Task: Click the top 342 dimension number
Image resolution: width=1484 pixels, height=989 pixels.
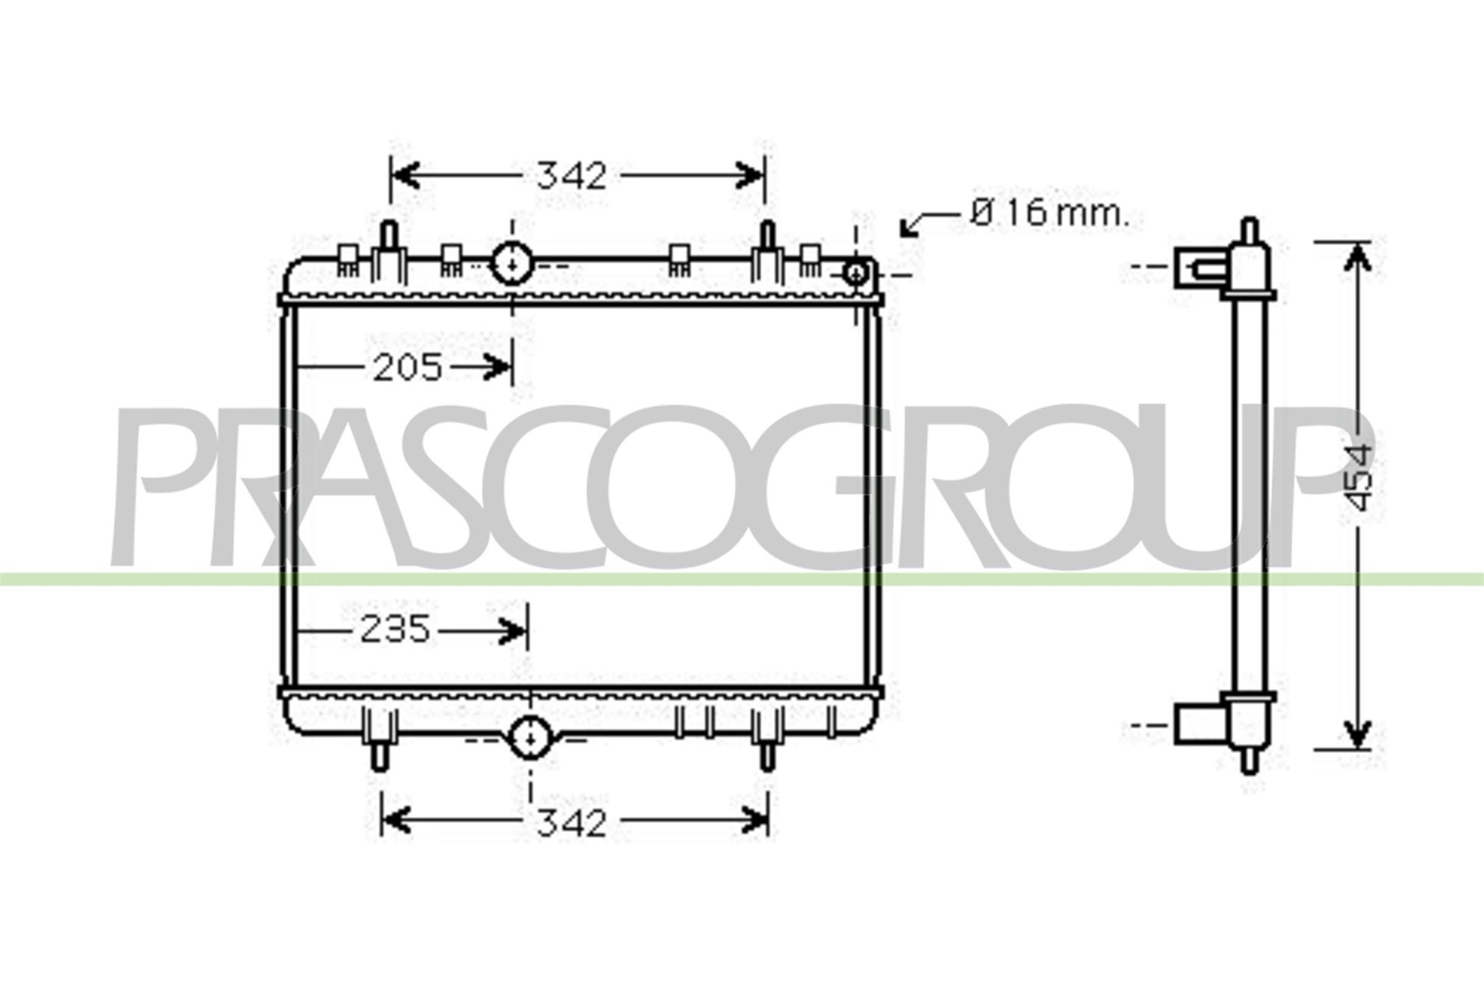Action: [x=571, y=176]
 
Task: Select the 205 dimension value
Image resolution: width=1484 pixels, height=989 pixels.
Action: [x=407, y=368]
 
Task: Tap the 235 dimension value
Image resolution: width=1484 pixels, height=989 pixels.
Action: [x=396, y=629]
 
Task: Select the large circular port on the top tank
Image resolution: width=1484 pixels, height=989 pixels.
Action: [x=512, y=264]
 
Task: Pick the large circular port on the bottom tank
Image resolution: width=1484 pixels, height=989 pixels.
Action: [x=530, y=738]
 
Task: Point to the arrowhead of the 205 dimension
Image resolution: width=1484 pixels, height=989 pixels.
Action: [x=498, y=367]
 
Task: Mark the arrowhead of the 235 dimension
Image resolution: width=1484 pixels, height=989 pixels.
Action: [x=513, y=630]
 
